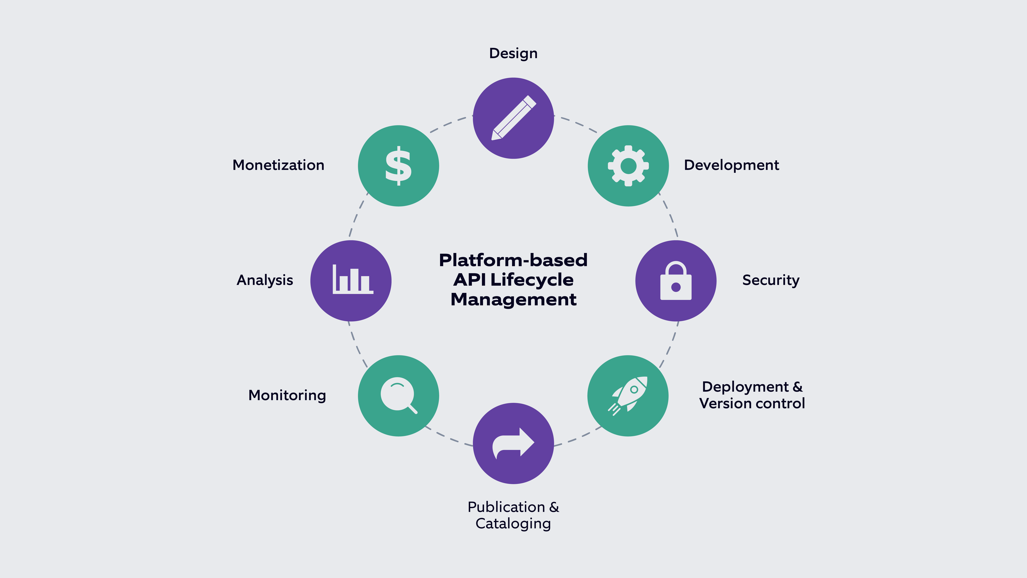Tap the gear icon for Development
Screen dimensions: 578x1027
pyautogui.click(x=628, y=166)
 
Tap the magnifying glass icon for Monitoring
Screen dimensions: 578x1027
pyautogui.click(x=398, y=396)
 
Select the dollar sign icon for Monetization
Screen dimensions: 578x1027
pyautogui.click(x=398, y=166)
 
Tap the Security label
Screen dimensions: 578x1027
pyautogui.click(x=771, y=280)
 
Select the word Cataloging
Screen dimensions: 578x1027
pyautogui.click(x=513, y=523)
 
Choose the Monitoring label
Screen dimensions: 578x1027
pyautogui.click(x=287, y=395)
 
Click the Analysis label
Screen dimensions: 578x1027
pyautogui.click(x=265, y=280)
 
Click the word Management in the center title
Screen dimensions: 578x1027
pyautogui.click(x=513, y=299)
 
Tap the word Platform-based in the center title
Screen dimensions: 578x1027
pyautogui.click(x=513, y=260)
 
